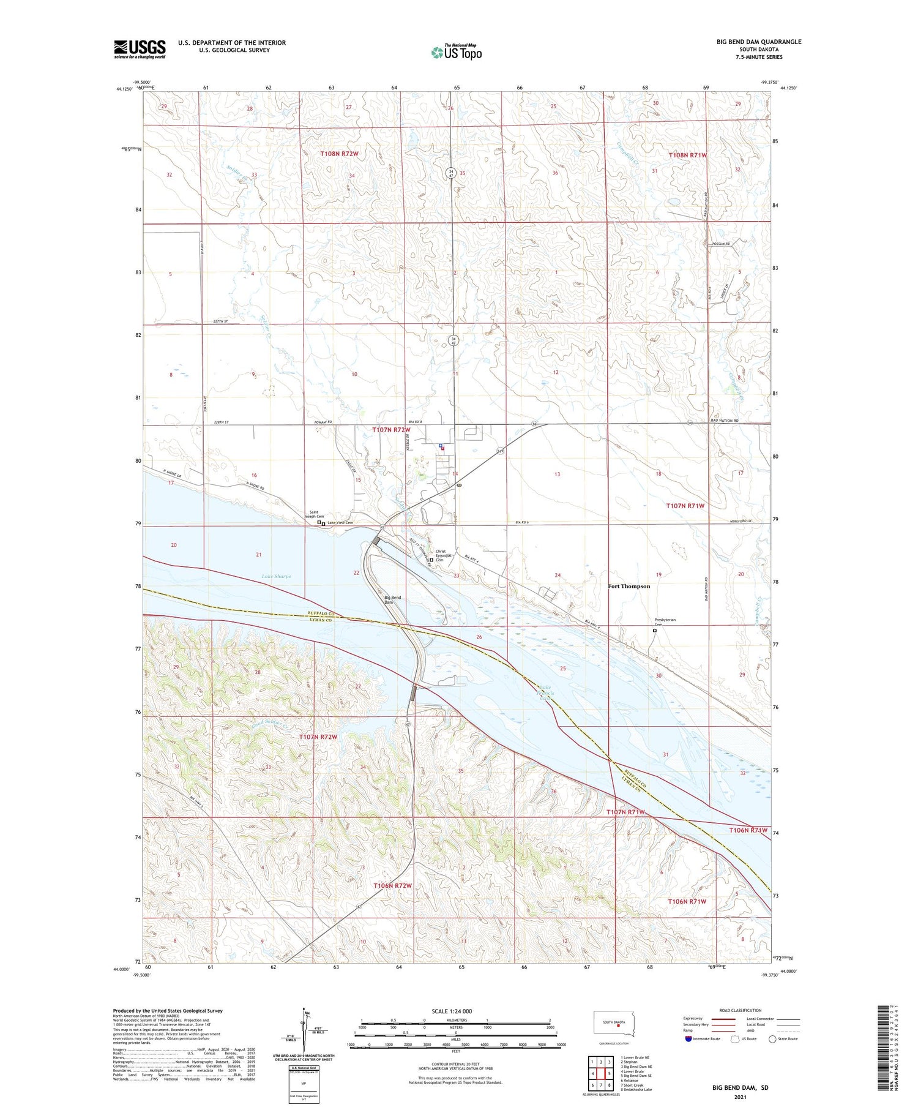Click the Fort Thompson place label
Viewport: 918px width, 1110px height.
629,586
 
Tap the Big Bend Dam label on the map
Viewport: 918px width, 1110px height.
392,599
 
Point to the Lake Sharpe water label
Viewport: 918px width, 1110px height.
276,576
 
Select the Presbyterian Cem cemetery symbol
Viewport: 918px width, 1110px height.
654,630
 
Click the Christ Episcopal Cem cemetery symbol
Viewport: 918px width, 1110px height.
431,560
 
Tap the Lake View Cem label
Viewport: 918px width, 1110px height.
340,522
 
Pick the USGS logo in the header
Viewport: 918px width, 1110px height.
140,49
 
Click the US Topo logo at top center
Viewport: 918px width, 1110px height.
456,53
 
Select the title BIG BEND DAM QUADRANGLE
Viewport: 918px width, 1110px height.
758,42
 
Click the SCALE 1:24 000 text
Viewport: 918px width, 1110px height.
452,1011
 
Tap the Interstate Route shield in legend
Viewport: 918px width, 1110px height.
688,1038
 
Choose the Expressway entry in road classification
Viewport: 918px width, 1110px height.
693,1019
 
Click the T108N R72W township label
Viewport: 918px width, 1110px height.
339,154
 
